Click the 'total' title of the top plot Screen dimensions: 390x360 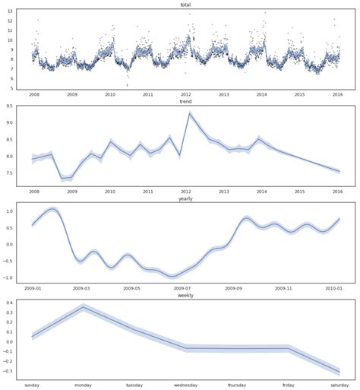point(185,5)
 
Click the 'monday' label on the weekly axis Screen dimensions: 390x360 point(84,385)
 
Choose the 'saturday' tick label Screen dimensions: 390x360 point(339,385)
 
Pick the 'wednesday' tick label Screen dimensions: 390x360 point(185,385)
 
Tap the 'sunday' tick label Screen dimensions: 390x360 point(33,385)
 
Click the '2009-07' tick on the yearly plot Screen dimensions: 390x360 point(182,289)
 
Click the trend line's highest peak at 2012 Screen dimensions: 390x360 point(189,113)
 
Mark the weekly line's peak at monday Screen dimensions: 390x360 point(84,307)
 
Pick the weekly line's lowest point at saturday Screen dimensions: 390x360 point(339,372)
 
